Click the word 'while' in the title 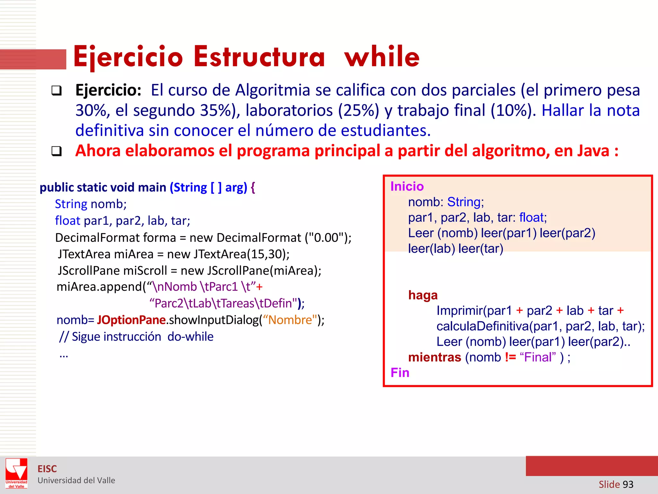click(382, 57)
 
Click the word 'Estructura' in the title click(259, 57)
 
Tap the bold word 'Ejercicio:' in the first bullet click(108, 90)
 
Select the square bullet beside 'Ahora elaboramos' click(57, 151)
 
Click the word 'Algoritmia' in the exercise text click(272, 90)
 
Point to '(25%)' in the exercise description click(358, 110)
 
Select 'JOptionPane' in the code click(131, 320)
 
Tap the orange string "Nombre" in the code click(290, 320)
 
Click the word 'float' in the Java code click(67, 221)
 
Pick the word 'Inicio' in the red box click(407, 187)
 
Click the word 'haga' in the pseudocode click(422, 295)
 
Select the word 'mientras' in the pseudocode click(434, 357)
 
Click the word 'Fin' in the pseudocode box click(400, 373)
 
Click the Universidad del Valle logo click(16, 473)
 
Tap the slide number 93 click(628, 484)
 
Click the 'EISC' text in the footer click(47, 469)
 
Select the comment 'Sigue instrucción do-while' click(142, 337)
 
